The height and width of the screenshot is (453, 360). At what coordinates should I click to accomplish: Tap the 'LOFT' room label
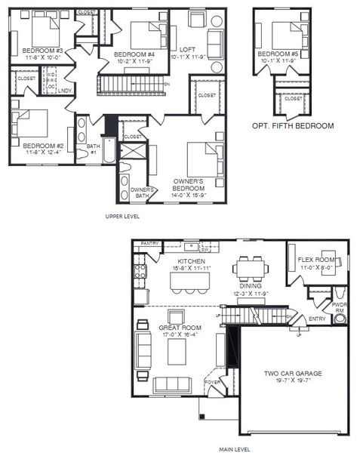pos(188,50)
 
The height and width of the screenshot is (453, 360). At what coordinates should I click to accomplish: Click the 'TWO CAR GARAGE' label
pos(292,373)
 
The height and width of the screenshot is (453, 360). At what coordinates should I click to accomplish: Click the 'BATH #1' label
pos(94,148)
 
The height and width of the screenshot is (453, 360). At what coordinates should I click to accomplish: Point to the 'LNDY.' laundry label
pos(66,91)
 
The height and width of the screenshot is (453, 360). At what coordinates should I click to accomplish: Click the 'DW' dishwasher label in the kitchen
pos(204,248)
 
